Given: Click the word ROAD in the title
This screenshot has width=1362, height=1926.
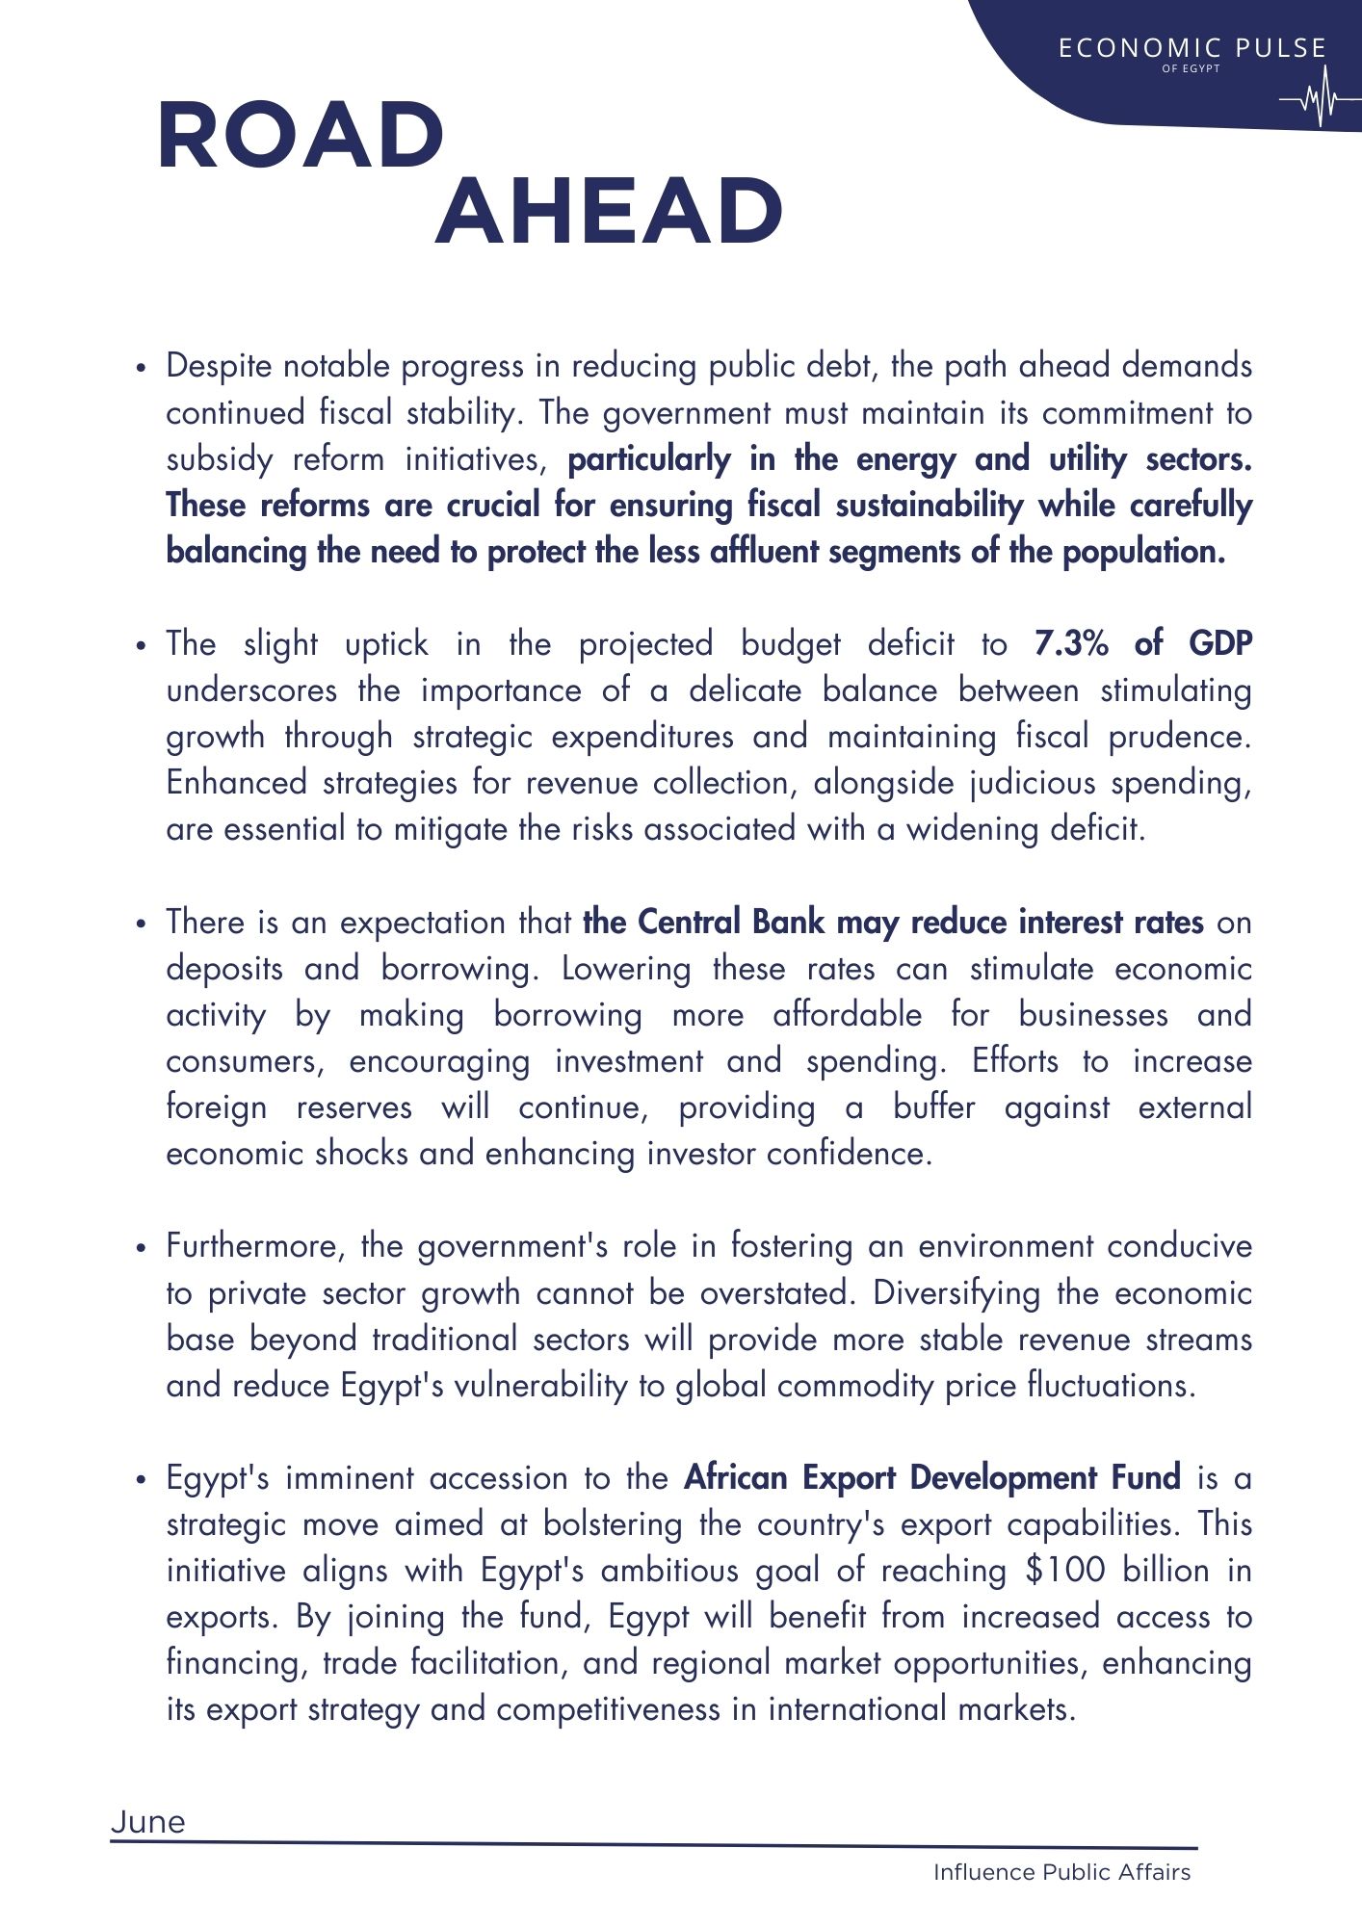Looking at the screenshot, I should pyautogui.click(x=301, y=136).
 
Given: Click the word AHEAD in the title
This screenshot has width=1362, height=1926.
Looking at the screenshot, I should pyautogui.click(x=609, y=212).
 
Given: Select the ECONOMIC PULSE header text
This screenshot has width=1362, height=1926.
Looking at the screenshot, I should pyautogui.click(x=1192, y=48).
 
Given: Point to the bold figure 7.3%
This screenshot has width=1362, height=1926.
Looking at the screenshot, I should pyautogui.click(x=1071, y=643).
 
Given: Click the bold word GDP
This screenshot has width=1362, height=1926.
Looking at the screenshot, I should pyautogui.click(x=1220, y=643).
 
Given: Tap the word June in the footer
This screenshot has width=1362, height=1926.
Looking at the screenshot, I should pyautogui.click(x=148, y=1822).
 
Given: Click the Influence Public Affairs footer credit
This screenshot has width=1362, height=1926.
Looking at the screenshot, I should pyautogui.click(x=1061, y=1872).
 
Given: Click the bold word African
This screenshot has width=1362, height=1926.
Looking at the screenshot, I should pyautogui.click(x=736, y=1477).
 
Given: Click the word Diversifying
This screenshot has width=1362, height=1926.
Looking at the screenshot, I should pyautogui.click(x=956, y=1293).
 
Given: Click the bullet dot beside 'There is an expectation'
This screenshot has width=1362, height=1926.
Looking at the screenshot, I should pyautogui.click(x=141, y=924).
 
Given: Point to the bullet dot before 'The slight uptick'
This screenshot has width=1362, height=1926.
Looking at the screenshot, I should pyautogui.click(x=141, y=645).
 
